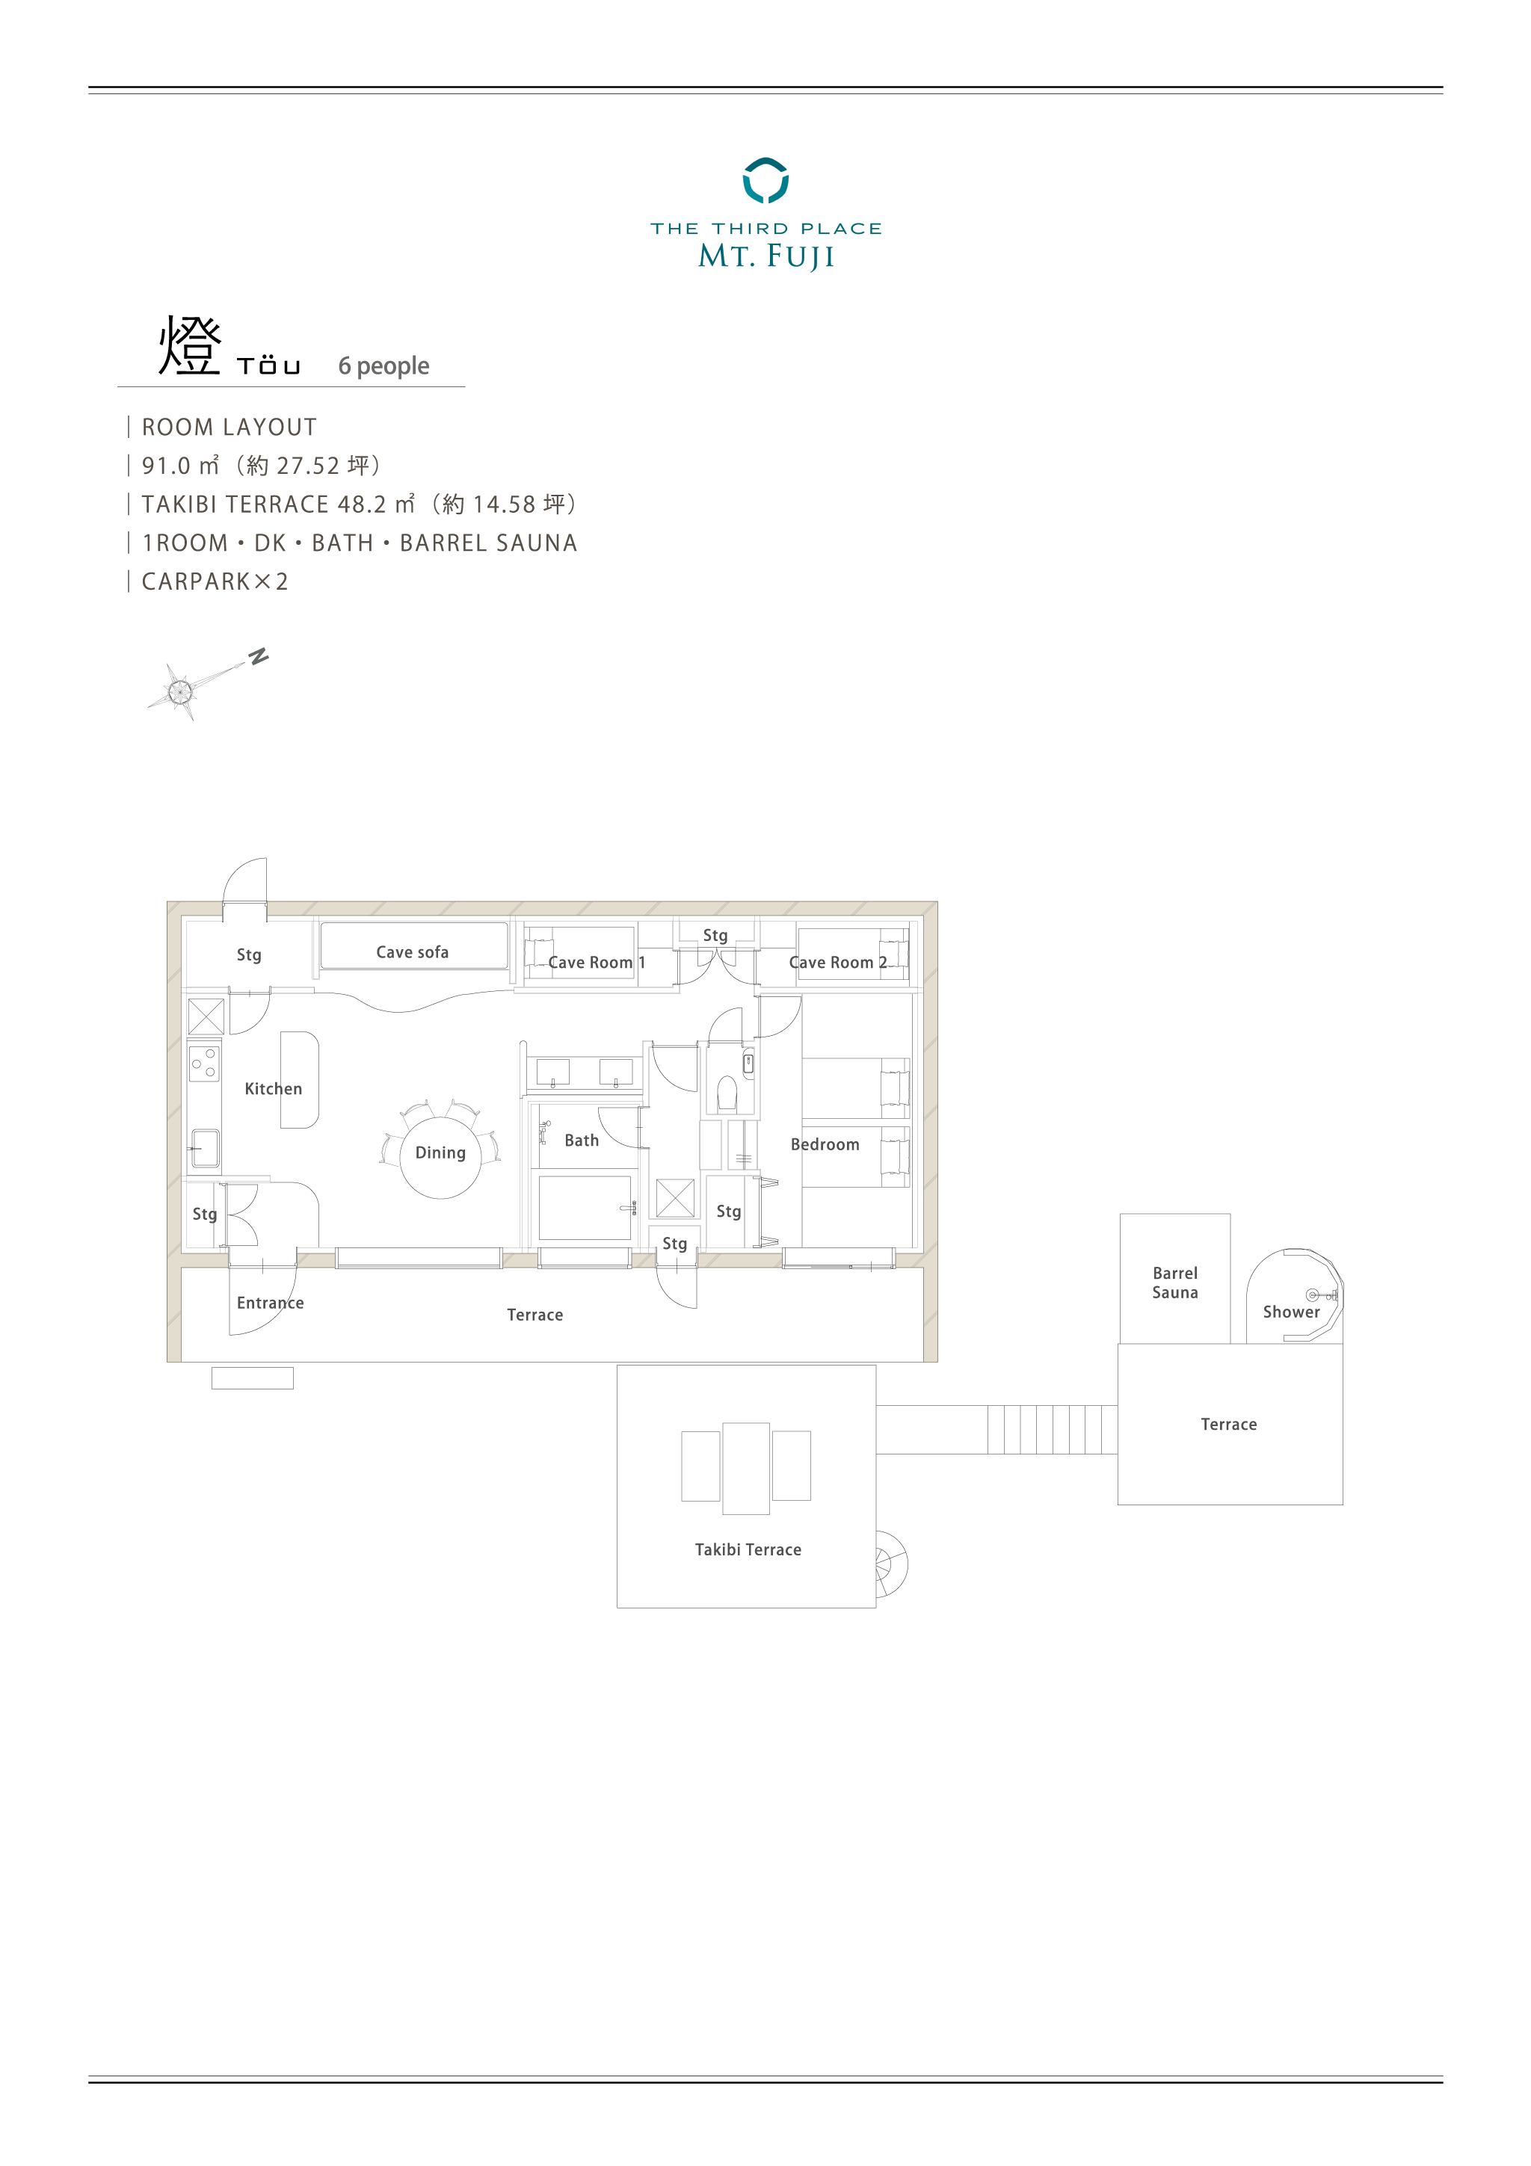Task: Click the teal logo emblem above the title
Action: tap(765, 180)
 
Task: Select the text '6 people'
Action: tap(384, 366)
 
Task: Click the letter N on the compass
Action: tap(259, 655)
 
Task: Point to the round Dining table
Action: tap(440, 1158)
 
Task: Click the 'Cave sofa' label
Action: tap(412, 952)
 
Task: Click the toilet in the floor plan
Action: tap(727, 1094)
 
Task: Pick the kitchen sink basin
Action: tap(205, 1148)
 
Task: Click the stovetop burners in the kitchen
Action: tap(205, 1063)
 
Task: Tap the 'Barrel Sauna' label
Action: tap(1174, 1283)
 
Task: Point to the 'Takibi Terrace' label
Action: tap(748, 1549)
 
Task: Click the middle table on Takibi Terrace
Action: tap(746, 1468)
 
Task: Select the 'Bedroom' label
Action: tap(825, 1144)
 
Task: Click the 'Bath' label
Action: tap(581, 1141)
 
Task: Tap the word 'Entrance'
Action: tap(270, 1303)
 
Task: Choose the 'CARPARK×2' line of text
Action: tap(215, 581)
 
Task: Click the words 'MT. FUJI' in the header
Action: tap(766, 256)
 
